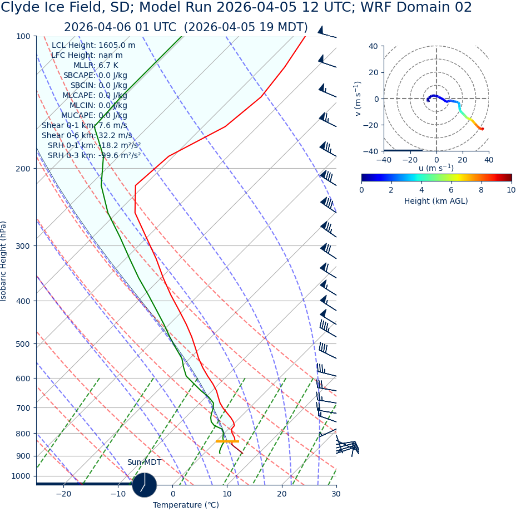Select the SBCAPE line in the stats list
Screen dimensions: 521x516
[95, 75]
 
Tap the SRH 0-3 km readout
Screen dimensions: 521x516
[94, 155]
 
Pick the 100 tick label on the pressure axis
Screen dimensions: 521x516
[23, 36]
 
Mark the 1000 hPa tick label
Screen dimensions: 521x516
[21, 476]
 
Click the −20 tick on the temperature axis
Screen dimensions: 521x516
[63, 494]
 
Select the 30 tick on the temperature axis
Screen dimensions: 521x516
[336, 494]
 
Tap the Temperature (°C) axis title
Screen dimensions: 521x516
[186, 505]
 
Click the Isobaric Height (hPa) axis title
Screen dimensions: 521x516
[4, 261]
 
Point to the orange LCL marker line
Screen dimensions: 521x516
[227, 441]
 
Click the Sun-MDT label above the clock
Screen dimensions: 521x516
[144, 462]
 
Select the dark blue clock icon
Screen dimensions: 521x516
[145, 485]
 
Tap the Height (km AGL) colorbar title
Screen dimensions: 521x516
[436, 201]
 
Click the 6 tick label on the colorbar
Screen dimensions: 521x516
[451, 190]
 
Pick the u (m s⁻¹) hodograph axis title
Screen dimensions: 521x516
[436, 168]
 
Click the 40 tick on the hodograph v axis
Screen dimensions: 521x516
[373, 46]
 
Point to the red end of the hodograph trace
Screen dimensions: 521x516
[482, 129]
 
